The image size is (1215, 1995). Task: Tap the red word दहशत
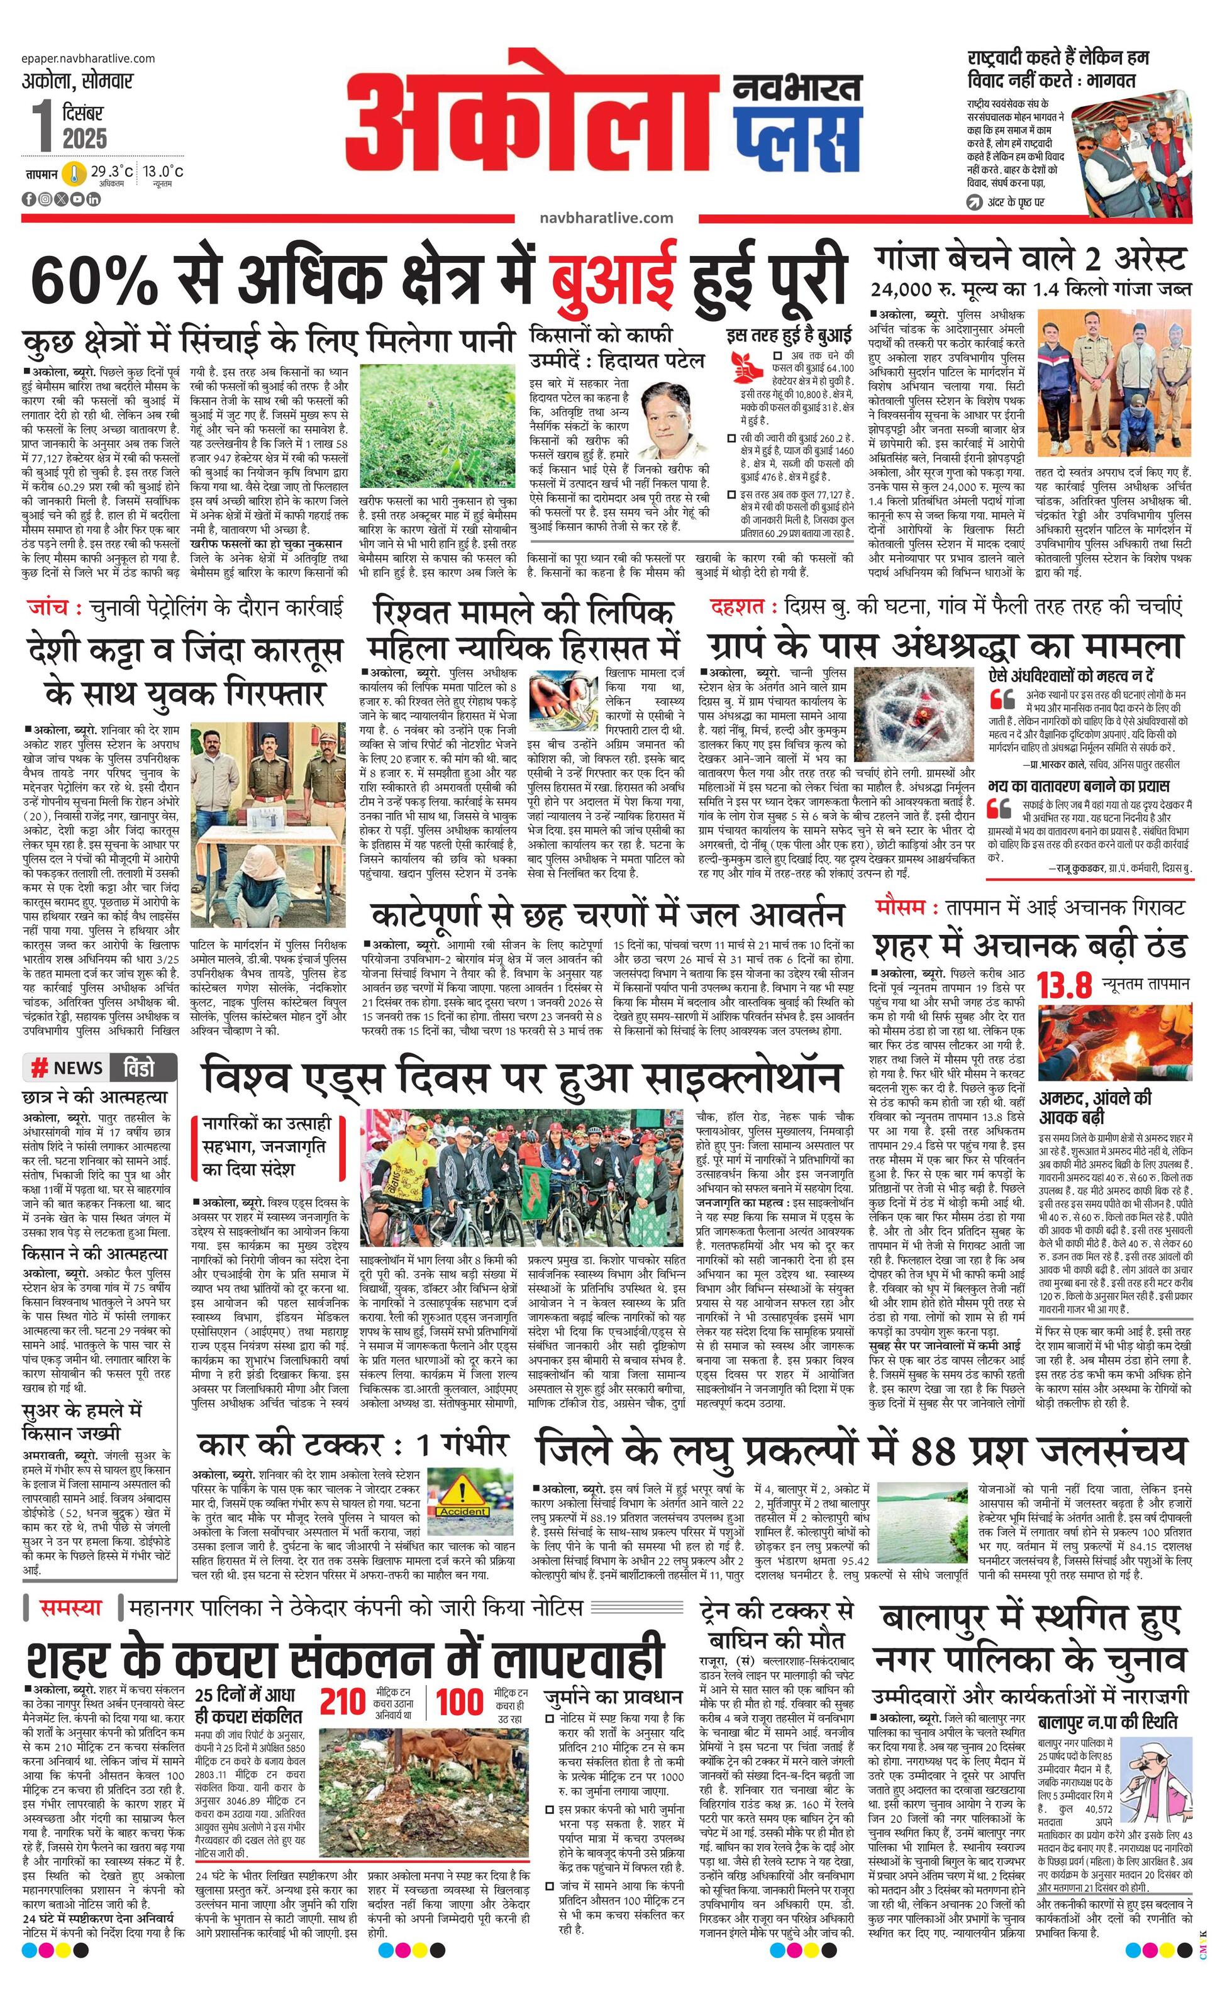(735, 605)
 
